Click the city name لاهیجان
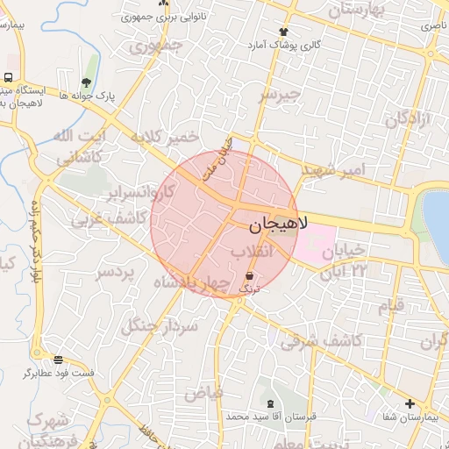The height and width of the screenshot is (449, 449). click(x=279, y=224)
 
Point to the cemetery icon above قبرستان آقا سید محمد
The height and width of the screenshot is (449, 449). click(x=269, y=404)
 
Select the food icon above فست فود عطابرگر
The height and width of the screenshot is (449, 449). click(x=59, y=359)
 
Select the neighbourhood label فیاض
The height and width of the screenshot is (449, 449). click(x=203, y=392)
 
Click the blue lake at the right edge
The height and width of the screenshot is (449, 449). click(x=438, y=224)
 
